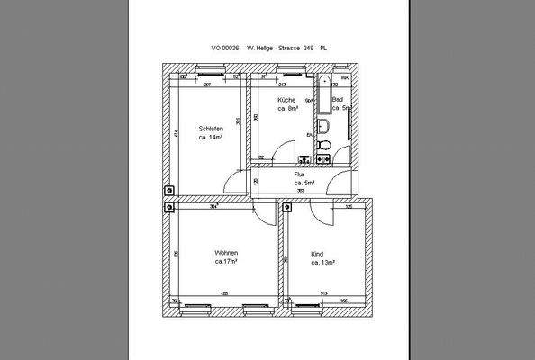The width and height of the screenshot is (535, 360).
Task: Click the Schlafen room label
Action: coord(211,129)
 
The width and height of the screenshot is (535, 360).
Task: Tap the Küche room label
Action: coord(286,99)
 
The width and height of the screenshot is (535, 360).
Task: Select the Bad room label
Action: coord(338,99)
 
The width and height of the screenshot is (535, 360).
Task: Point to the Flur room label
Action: coord(301,174)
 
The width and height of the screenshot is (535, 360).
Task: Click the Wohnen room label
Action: coord(225,253)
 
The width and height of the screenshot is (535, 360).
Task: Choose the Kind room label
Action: coord(316,254)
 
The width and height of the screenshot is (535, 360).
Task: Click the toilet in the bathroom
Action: coord(328,147)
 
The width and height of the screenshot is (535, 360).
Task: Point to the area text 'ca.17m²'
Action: coord(225,263)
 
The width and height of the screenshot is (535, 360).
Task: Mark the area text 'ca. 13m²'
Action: coord(322,264)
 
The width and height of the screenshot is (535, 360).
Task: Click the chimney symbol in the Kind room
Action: coord(289,207)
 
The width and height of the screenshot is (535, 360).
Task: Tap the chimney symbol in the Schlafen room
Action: coord(168,191)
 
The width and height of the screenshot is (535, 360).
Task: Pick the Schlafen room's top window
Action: coord(207,68)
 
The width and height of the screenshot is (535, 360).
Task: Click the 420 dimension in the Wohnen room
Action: coord(223,293)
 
